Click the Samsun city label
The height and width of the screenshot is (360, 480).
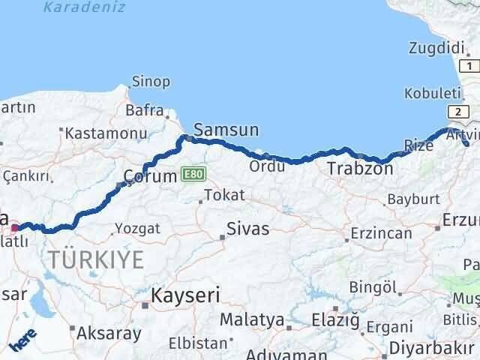click(226, 130)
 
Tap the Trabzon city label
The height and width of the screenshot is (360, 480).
click(360, 169)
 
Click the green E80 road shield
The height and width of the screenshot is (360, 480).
click(192, 174)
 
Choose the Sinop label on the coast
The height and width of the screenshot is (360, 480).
click(151, 81)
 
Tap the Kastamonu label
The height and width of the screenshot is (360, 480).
click(105, 133)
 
